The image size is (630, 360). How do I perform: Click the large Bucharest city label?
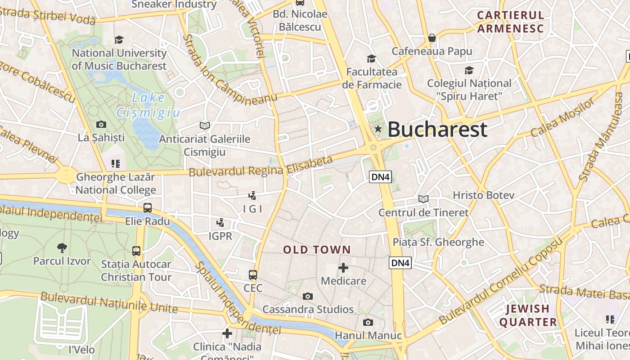pyautogui.click(x=437, y=130)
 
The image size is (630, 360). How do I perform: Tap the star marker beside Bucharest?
pyautogui.click(x=378, y=130)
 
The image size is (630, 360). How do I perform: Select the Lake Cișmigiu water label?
pyautogui.click(x=148, y=105)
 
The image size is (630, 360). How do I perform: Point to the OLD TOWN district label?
pyautogui.click(x=317, y=250)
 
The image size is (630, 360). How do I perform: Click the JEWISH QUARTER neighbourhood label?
pyautogui.click(x=528, y=315)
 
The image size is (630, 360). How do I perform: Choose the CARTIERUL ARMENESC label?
pyautogui.click(x=510, y=22)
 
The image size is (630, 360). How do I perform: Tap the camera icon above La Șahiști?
pyautogui.click(x=101, y=124)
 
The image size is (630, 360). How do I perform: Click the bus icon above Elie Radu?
pyautogui.click(x=148, y=208)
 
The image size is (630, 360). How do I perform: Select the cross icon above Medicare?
pyautogui.click(x=343, y=268)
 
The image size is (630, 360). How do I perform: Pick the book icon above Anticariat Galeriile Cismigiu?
pyautogui.click(x=205, y=126)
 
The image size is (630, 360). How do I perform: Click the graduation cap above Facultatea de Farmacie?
pyautogui.click(x=371, y=58)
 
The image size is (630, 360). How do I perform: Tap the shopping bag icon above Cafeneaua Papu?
pyautogui.click(x=432, y=38)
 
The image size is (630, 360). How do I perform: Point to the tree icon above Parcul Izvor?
pyautogui.click(x=62, y=247)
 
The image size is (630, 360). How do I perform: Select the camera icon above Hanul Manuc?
pyautogui.click(x=368, y=322)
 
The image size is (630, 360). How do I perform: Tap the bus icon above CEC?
pyautogui.click(x=253, y=274)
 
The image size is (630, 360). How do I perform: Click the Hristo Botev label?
pyautogui.click(x=483, y=195)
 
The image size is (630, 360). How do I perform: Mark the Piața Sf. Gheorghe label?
pyautogui.click(x=438, y=242)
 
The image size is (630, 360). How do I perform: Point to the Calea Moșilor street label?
pyautogui.click(x=562, y=118)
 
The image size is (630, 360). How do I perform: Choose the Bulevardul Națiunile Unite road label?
pyautogui.click(x=109, y=302)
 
